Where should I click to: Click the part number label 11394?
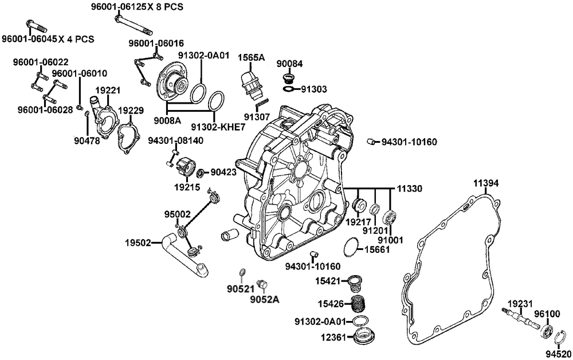[x=486, y=183]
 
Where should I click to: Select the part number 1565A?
[x=252, y=57]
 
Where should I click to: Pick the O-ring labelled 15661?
[x=350, y=248]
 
